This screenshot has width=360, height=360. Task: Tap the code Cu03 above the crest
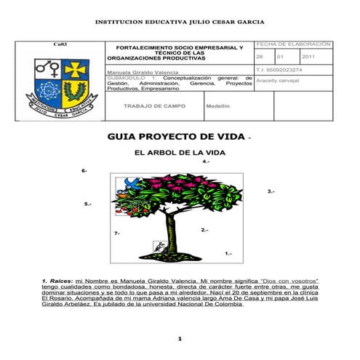pos(61,45)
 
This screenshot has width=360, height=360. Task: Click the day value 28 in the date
pos(260,57)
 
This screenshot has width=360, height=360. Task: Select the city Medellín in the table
pos(217,106)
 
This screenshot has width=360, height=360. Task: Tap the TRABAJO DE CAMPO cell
pos(154,106)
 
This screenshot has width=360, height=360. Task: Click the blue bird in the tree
pos(132,183)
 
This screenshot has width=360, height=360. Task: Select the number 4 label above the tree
pos(207,161)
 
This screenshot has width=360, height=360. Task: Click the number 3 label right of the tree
pos(271,191)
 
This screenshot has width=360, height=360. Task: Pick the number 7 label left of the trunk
pos(117,233)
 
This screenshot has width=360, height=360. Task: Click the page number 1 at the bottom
pos(179,339)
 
